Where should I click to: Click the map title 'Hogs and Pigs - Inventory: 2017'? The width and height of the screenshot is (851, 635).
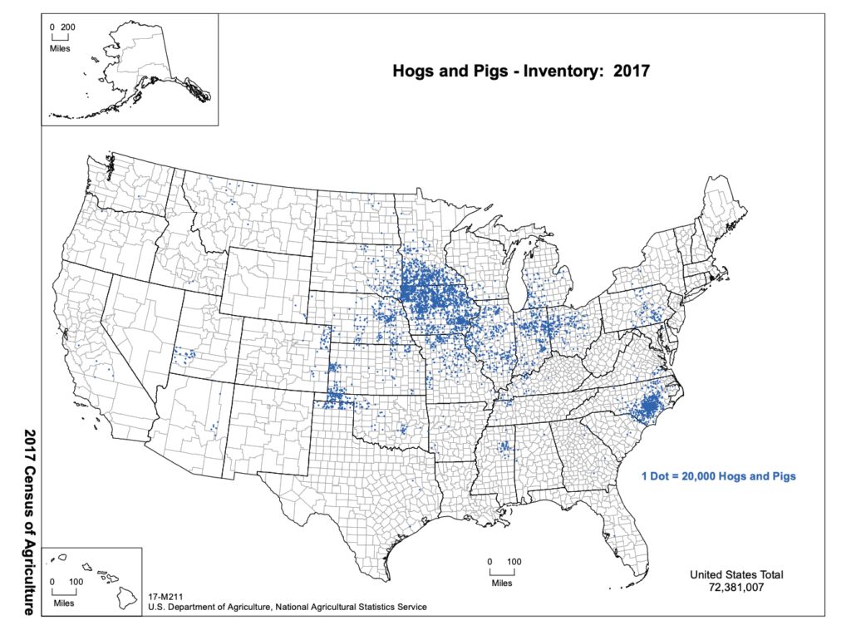point(520,71)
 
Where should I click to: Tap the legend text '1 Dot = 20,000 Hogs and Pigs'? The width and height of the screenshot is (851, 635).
point(719,476)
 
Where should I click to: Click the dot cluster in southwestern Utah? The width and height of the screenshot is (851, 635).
point(184,356)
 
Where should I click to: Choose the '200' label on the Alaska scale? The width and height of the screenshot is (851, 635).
point(68,27)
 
